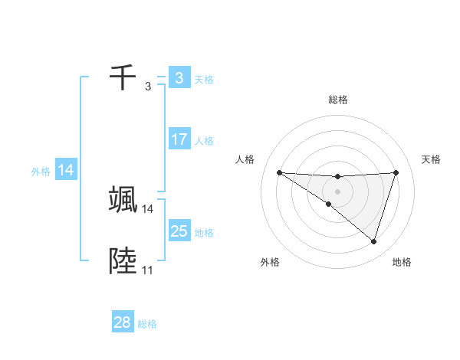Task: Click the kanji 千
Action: pos(123,78)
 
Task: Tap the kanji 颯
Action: pos(123,200)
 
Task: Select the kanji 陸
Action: pos(123,262)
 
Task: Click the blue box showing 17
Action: pos(179,140)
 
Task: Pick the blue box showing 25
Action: pos(179,231)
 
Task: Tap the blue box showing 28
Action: pos(123,322)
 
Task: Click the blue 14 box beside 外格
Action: pos(66,171)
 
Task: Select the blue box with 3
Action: pos(179,78)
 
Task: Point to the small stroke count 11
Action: pos(147,270)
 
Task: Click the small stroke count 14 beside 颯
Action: pos(147,208)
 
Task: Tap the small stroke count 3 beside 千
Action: pos(147,87)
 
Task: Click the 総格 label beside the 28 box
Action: pos(147,324)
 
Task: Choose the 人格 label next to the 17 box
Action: pos(205,141)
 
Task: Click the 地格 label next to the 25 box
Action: pos(205,233)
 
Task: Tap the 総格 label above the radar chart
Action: pos(338,100)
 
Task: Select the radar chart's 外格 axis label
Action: pos(270,262)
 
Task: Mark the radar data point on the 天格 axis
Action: pos(396,172)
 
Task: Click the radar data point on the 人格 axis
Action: pos(279,172)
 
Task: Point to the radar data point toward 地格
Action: pos(373,241)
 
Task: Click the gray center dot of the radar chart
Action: pos(338,191)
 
